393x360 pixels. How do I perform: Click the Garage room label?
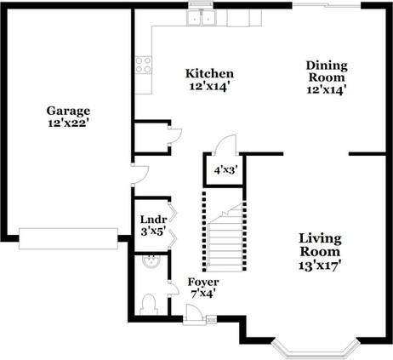point(68,111)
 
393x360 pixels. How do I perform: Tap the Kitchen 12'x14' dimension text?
point(209,86)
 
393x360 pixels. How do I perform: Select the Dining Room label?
point(327,71)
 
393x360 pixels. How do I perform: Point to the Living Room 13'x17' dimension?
point(320,266)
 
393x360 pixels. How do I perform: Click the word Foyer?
point(203,283)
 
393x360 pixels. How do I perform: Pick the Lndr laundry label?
point(153,220)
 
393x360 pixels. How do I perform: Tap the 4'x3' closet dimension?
point(225,170)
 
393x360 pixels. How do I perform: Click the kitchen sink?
point(202,17)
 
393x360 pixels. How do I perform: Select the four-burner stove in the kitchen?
point(143,65)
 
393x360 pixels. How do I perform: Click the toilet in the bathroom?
point(149,305)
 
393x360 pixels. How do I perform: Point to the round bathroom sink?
point(151,261)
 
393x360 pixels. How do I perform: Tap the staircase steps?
point(225,237)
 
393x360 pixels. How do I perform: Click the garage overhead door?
point(68,238)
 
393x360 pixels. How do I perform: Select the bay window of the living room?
point(316,350)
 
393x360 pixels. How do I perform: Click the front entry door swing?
point(194,314)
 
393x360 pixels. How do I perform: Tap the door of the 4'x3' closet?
point(225,145)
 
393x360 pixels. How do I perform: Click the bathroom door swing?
point(174,289)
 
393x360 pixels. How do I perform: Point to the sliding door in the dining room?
point(327,4)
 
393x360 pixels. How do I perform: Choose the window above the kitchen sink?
point(201,4)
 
